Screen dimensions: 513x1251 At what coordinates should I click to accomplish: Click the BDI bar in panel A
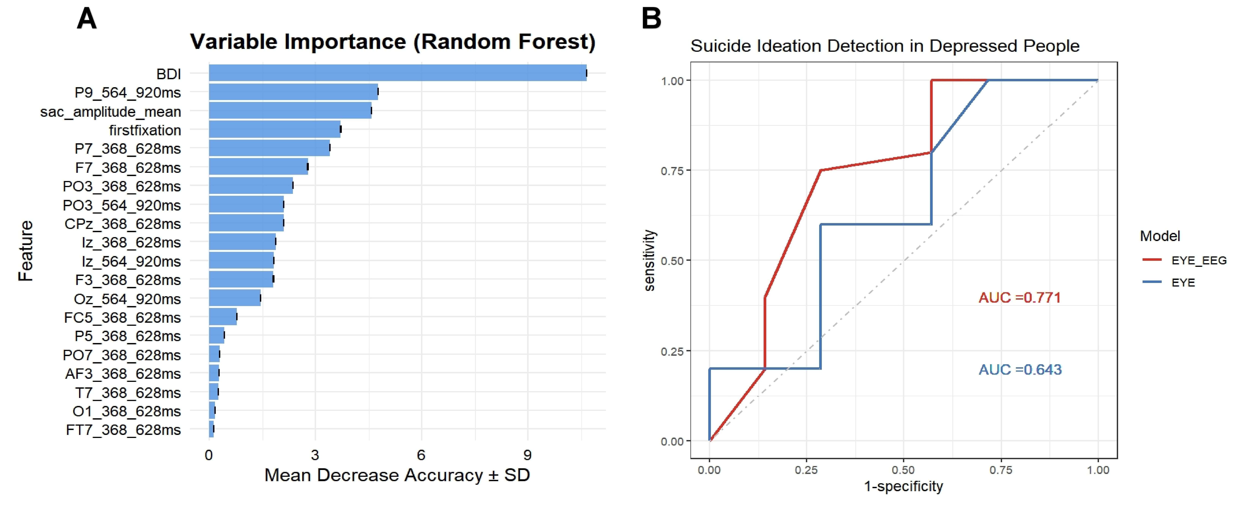[x=397, y=73]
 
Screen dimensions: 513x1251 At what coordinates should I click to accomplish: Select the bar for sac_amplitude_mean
[x=290, y=111]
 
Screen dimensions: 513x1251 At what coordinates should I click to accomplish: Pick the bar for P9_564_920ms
[x=293, y=92]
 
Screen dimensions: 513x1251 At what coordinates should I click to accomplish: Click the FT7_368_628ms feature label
[x=123, y=430]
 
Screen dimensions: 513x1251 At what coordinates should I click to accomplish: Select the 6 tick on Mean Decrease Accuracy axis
[x=421, y=455]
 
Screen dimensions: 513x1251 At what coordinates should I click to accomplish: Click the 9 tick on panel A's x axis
[x=527, y=455]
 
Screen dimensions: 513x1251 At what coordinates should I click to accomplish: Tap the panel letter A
[x=87, y=19]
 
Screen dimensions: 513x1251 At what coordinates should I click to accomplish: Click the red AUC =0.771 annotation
[x=1019, y=298]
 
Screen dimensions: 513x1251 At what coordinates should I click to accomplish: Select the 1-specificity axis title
[x=903, y=486]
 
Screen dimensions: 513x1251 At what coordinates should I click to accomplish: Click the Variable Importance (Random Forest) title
[x=392, y=42]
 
